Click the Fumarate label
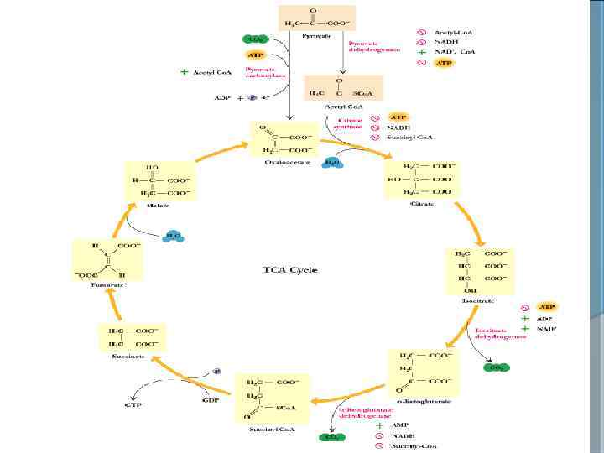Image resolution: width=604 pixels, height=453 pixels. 107,285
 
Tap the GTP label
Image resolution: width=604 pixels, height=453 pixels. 133,404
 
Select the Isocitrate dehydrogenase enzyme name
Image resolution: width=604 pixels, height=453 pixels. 500,333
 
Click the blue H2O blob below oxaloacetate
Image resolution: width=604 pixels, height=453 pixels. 331,161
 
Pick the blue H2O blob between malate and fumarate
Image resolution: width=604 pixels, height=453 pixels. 174,237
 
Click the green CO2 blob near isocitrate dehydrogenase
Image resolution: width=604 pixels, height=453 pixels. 498,367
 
